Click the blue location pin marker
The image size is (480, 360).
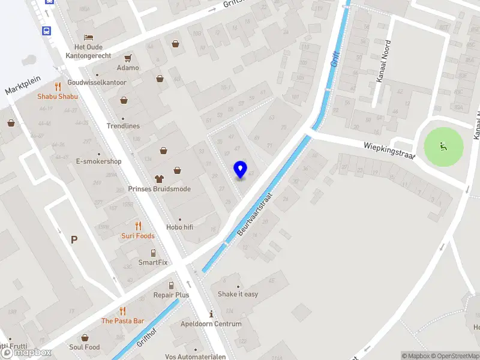(241, 170)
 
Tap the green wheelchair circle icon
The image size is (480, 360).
(444, 146)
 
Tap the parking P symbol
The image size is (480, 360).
(74, 240)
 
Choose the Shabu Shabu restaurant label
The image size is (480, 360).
(58, 96)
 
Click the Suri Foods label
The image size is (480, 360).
(138, 236)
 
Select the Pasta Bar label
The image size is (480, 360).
(122, 321)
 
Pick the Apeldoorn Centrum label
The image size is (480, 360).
(211, 324)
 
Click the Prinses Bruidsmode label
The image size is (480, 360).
(160, 189)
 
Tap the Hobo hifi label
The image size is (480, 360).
(180, 227)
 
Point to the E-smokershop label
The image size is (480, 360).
(99, 161)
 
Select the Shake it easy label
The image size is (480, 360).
(238, 294)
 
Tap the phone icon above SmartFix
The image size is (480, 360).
(153, 253)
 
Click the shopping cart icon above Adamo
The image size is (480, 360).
(128, 58)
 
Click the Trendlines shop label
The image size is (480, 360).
(123, 126)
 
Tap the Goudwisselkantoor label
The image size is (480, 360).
(97, 82)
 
